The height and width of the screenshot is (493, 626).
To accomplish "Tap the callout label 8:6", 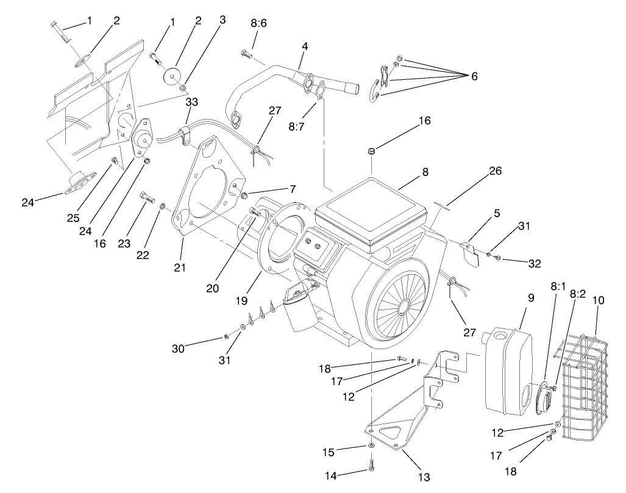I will [x=258, y=23].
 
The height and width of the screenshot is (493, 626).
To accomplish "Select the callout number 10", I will [x=598, y=300].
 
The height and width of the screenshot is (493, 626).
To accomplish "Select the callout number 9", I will [x=531, y=298].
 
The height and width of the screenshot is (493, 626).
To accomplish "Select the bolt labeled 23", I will [x=147, y=197].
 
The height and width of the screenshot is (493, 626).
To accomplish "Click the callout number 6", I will [x=474, y=77].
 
